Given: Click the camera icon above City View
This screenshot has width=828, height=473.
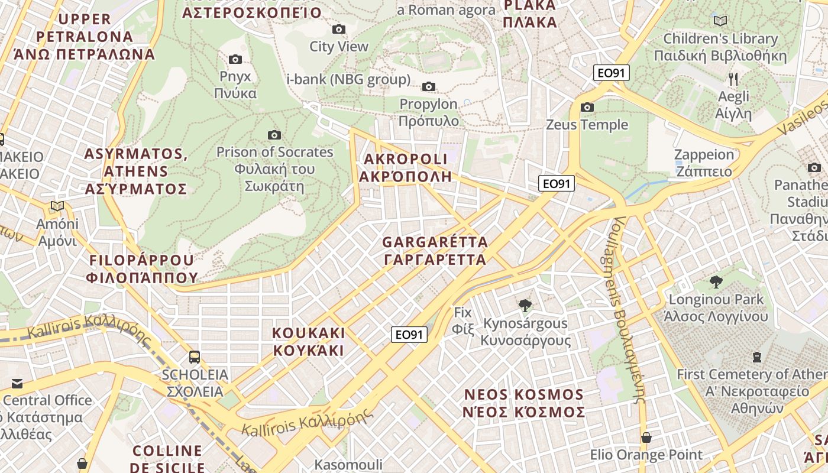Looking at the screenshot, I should tap(339, 29).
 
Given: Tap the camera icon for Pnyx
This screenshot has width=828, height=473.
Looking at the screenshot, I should tap(235, 59).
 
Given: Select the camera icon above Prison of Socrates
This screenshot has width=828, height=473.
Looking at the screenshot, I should tap(274, 135).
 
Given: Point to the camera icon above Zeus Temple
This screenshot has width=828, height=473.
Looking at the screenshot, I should tap(587, 107).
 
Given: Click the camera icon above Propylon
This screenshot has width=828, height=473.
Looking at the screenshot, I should tap(429, 87).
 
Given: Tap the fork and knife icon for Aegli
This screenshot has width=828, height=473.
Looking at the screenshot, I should tap(733, 79).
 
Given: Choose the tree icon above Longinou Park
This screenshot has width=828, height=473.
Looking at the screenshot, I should tap(716, 281).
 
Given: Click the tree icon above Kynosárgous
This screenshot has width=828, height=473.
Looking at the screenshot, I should tap(525, 306).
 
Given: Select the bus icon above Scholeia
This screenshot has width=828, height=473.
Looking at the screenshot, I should tap(195, 357).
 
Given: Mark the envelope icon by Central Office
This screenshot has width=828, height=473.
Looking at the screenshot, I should tap(17, 384).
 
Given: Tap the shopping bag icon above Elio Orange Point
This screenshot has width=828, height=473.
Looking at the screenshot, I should tap(646, 438).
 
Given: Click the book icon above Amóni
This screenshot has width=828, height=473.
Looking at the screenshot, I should tap(57, 206).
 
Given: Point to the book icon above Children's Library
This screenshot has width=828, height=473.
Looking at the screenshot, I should tap(720, 21).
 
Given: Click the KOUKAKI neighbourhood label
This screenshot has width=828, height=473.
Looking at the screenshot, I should tap(308, 341).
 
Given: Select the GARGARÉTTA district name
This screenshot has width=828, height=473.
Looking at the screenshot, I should tap(435, 251).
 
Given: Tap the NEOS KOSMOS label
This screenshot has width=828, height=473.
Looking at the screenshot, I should tap(525, 403).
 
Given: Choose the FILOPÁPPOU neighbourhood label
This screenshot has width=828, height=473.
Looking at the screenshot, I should tap(142, 269).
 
